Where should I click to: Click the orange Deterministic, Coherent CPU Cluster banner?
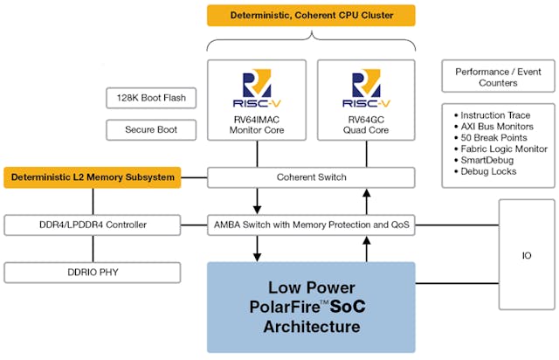pos(310,16)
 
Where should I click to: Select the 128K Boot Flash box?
pos(145,98)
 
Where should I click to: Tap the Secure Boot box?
pos(145,130)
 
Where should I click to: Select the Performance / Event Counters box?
pos(498,77)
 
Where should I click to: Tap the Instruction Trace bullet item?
pos(494,114)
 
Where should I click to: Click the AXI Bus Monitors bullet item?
pos(494,126)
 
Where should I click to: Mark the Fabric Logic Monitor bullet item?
pos(499,149)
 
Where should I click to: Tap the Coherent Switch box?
pos(311,177)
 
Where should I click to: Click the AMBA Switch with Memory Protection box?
pos(311,225)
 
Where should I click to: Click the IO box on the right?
pos(526,256)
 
